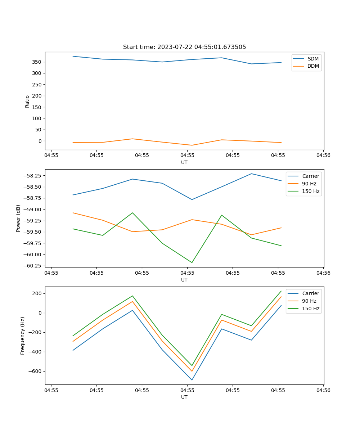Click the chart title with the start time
pyautogui.click(x=184, y=47)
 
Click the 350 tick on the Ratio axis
pyautogui.click(x=38, y=62)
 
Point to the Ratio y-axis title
pyautogui.click(x=27, y=101)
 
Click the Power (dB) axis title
pyautogui.click(x=18, y=218)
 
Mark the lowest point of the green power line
pyautogui.click(x=192, y=262)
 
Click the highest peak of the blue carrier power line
pyautogui.click(x=251, y=174)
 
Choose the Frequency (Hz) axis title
pyautogui.click(x=23, y=336)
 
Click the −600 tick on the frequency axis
pyautogui.click(x=36, y=371)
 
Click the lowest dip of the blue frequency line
pyautogui.click(x=192, y=380)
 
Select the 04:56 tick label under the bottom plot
pyautogui.click(x=323, y=390)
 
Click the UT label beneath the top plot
pyautogui.click(x=184, y=162)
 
